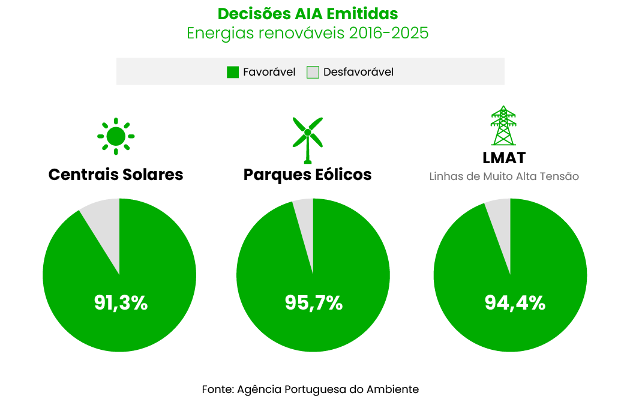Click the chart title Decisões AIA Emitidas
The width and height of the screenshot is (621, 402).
point(307,13)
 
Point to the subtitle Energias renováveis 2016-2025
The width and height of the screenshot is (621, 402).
point(307,32)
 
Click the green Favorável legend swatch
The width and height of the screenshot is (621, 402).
point(233,72)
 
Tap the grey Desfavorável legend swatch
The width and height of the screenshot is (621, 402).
point(313,72)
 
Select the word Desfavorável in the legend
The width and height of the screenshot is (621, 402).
point(358,72)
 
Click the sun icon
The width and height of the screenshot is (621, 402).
point(116,136)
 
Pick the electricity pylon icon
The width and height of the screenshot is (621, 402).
point(503,126)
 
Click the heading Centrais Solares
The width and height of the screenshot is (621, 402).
point(116,175)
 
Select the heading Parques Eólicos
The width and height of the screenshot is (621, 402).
point(307,175)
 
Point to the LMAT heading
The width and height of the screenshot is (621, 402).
point(504,158)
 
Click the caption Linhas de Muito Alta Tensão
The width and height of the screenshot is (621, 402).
point(504,177)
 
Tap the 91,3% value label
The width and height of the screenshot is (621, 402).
point(121,303)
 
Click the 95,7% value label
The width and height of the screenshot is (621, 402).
point(314,303)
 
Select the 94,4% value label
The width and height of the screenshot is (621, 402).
point(515,303)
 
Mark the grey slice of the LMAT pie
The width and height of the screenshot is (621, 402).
point(500,219)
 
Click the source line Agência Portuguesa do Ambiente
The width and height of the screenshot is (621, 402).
point(310,389)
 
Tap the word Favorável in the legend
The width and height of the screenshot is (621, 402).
point(269,72)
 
